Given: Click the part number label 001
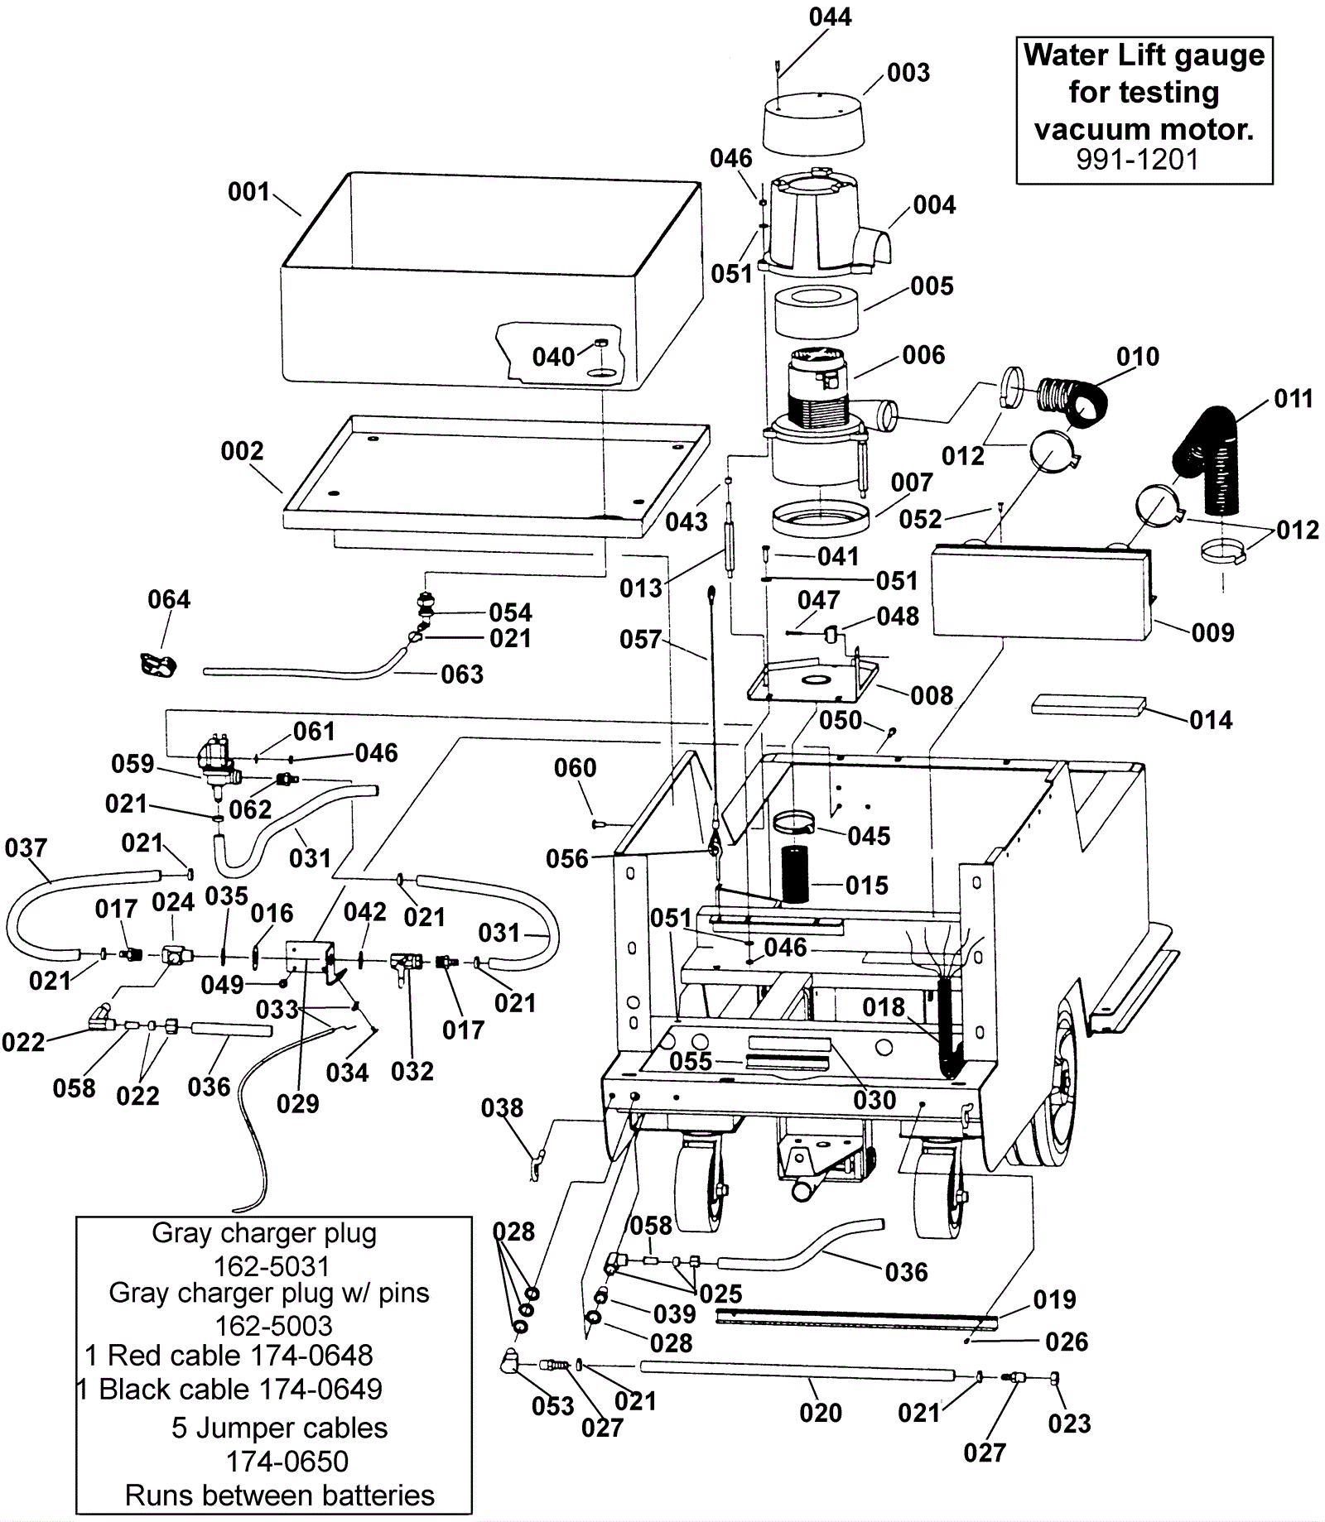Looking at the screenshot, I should (x=248, y=192).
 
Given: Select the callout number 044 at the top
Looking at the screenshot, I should (x=830, y=17).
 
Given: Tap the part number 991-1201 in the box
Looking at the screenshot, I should (x=1137, y=159).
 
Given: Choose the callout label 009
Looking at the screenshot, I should (x=1212, y=632).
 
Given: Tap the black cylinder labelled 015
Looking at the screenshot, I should (x=795, y=874).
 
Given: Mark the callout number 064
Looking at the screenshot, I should (x=169, y=599).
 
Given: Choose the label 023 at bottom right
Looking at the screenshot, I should (x=1069, y=1424).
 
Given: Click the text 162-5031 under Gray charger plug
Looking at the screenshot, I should (x=272, y=1266).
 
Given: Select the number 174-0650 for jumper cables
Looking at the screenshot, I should (x=287, y=1462).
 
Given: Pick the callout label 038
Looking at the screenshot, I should (x=502, y=1107).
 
